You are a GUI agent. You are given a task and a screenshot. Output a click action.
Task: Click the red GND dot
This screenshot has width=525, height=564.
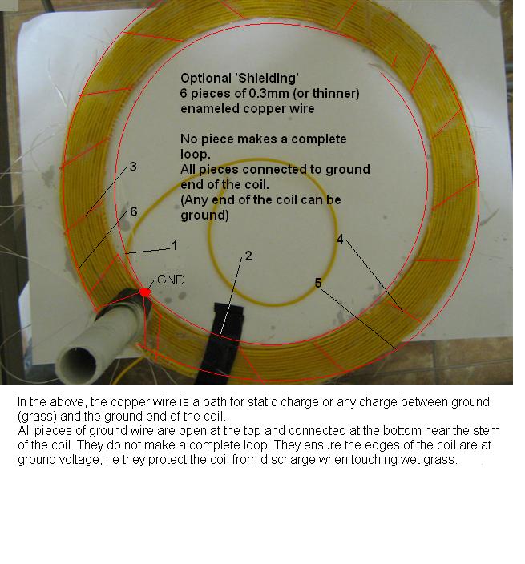(x=144, y=292)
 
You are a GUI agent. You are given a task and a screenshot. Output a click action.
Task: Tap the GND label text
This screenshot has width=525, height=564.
(x=171, y=280)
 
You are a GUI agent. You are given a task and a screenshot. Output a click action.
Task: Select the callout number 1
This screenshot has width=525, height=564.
(x=175, y=245)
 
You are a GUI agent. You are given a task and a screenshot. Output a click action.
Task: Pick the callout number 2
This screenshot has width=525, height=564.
(x=248, y=256)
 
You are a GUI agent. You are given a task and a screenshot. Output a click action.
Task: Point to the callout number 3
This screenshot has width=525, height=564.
(x=133, y=167)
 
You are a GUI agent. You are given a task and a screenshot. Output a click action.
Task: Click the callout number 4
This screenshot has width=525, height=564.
(x=340, y=239)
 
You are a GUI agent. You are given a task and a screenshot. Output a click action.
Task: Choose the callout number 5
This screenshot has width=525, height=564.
(x=317, y=283)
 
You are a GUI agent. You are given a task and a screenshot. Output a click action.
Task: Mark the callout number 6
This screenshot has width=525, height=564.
(x=134, y=211)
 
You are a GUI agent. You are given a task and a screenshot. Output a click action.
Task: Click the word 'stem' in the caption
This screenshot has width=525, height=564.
(x=487, y=430)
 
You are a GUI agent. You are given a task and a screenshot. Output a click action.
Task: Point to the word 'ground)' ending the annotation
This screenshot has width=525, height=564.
(x=204, y=216)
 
